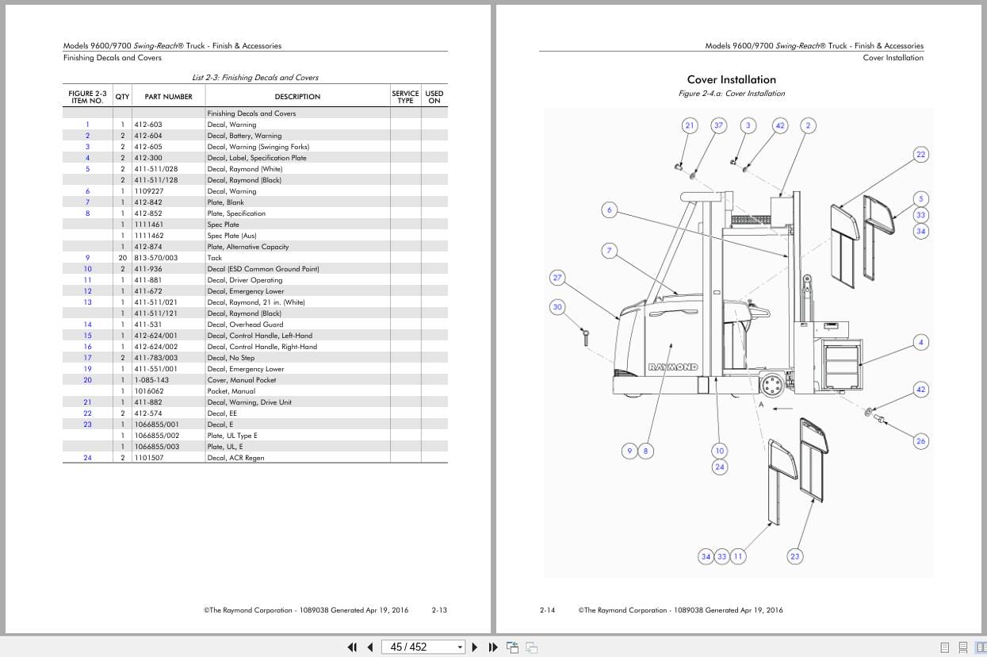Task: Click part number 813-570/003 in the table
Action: (156, 258)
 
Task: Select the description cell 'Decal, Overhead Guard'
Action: (246, 325)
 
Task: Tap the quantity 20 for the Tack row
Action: (123, 258)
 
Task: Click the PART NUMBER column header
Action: (168, 97)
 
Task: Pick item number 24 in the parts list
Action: (88, 458)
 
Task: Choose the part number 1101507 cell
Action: (149, 458)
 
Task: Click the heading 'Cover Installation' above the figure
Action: (732, 79)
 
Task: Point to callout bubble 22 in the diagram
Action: (920, 154)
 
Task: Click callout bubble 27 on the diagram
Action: (557, 278)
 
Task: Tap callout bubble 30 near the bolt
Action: (557, 307)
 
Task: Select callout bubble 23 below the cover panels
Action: (795, 556)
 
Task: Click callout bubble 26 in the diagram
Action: (920, 441)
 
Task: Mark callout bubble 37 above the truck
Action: (719, 125)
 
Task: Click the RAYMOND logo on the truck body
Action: (673, 367)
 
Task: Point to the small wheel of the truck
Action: (772, 386)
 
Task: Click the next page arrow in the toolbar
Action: (475, 647)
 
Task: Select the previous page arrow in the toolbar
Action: (370, 647)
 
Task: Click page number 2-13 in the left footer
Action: (439, 610)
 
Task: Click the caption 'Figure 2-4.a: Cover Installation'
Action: (732, 94)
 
